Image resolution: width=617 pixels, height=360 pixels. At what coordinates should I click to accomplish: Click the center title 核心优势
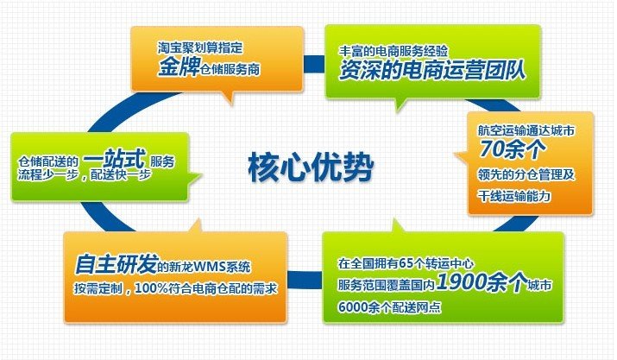311,167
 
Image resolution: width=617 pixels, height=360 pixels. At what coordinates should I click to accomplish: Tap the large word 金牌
179,66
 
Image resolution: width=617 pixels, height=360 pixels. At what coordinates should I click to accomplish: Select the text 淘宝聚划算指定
200,47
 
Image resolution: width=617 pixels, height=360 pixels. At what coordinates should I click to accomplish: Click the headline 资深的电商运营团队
432,70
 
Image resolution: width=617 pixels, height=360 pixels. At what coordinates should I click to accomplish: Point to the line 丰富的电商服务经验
393,51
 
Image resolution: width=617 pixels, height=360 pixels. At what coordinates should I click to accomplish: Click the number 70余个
513,148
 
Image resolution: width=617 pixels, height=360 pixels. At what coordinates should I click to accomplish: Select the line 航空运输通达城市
526,130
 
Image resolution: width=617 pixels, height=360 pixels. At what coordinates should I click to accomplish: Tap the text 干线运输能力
514,195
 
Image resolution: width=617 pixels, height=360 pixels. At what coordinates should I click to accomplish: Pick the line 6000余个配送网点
389,307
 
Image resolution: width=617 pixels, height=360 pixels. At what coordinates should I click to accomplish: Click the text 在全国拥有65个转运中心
406,263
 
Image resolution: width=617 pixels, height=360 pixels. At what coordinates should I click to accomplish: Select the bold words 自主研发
116,263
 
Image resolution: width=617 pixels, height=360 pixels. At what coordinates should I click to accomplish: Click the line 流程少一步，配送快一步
85,174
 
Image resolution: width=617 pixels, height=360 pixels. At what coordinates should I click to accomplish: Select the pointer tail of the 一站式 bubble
195,177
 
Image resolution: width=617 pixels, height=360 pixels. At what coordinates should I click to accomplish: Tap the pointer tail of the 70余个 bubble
461,156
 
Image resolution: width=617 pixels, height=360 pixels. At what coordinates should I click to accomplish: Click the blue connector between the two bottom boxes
305,280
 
